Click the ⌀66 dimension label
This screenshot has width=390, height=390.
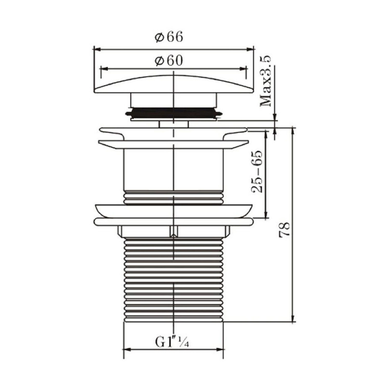click(x=169, y=37)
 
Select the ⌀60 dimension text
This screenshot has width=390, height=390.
click(x=169, y=61)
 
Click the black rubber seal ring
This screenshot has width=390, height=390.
click(x=173, y=112)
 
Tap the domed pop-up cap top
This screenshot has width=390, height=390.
click(x=173, y=84)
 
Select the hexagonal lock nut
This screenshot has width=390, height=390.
click(x=174, y=231)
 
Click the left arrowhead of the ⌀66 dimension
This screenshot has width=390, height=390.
click(x=97, y=49)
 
